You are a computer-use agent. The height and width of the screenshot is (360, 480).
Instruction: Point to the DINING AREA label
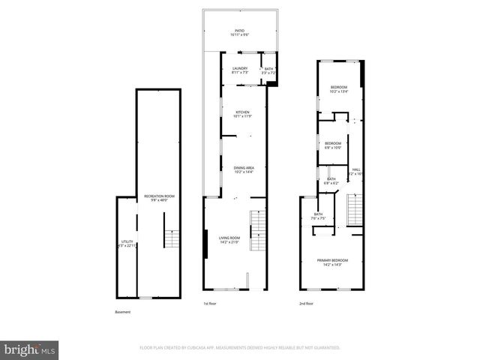tap(244, 169)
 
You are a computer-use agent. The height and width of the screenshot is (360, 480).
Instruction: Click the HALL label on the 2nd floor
tap(357, 171)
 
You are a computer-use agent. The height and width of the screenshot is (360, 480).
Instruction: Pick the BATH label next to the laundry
tap(269, 70)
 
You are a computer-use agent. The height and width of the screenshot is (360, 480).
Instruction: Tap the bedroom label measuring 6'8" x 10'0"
tap(333, 145)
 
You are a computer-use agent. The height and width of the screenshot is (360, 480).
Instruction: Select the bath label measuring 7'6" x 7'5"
tap(318, 216)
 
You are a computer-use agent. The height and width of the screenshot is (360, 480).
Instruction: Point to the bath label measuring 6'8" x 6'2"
tap(331, 181)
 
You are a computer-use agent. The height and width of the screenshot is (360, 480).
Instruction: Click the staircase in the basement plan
tap(172, 239)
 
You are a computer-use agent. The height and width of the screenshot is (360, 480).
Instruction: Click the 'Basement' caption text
tap(123, 311)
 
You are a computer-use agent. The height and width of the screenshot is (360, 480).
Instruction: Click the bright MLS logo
tap(30, 349)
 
